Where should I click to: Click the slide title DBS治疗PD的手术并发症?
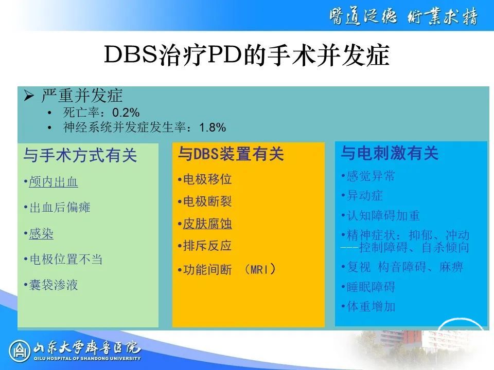[x=246, y=55]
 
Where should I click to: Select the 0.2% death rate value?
[x=126, y=113]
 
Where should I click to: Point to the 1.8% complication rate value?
[x=213, y=127]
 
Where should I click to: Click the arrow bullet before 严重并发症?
[x=29, y=96]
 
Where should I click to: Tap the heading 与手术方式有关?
[x=80, y=155]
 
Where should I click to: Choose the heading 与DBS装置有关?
[x=231, y=154]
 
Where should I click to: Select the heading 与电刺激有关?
[x=390, y=153]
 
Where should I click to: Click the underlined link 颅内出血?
[x=53, y=182]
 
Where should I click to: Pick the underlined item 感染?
[x=41, y=234]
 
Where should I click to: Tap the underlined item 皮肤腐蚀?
[x=207, y=224]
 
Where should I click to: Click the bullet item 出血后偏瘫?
[x=60, y=207]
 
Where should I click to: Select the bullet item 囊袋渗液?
[x=53, y=285]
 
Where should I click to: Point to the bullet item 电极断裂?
[x=207, y=201]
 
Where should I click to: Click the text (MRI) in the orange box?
[x=260, y=269]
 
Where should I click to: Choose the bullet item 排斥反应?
[x=207, y=246]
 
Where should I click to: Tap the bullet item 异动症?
[x=364, y=196]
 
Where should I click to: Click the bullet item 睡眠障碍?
[x=370, y=287]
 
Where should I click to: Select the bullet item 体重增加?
[x=370, y=306]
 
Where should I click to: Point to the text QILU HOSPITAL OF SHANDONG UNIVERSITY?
[x=87, y=358]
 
